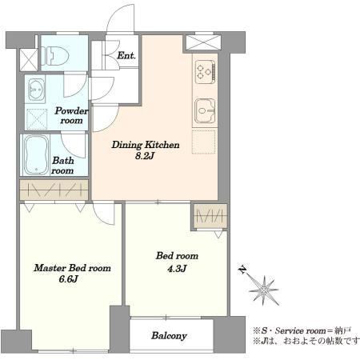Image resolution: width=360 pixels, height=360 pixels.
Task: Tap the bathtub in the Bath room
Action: pos(36,155)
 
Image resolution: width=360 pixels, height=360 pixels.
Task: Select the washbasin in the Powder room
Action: pos(37,90)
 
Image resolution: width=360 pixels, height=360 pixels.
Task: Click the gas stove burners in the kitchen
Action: pos(205,72)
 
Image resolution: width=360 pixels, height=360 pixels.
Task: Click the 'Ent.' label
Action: pos(126,55)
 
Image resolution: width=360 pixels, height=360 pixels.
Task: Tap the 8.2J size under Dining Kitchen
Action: pos(145,156)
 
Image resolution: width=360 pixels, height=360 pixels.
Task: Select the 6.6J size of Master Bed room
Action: pos(69,279)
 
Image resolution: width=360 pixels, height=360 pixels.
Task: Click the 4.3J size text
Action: pos(177,269)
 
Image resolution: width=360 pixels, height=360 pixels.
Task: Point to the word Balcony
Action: pos(169,336)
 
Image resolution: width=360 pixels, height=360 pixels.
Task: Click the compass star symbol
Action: pos(264,290)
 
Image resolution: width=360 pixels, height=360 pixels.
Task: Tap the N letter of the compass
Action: pos(242,270)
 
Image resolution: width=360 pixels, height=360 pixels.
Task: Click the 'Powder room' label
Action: pos(71,115)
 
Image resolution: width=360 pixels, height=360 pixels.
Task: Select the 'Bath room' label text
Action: pos(62,166)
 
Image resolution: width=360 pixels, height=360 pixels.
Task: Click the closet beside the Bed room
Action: pos(210,216)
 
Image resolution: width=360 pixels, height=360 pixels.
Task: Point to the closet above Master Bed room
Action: pos(54,190)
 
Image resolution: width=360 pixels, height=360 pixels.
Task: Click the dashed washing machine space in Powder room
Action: pos(37,119)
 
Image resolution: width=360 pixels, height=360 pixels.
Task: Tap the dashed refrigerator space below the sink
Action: pos(204,142)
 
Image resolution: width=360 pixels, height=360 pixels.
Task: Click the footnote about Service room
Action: pos(302,331)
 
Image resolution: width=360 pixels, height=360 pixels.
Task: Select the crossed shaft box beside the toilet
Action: pos(29,60)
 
